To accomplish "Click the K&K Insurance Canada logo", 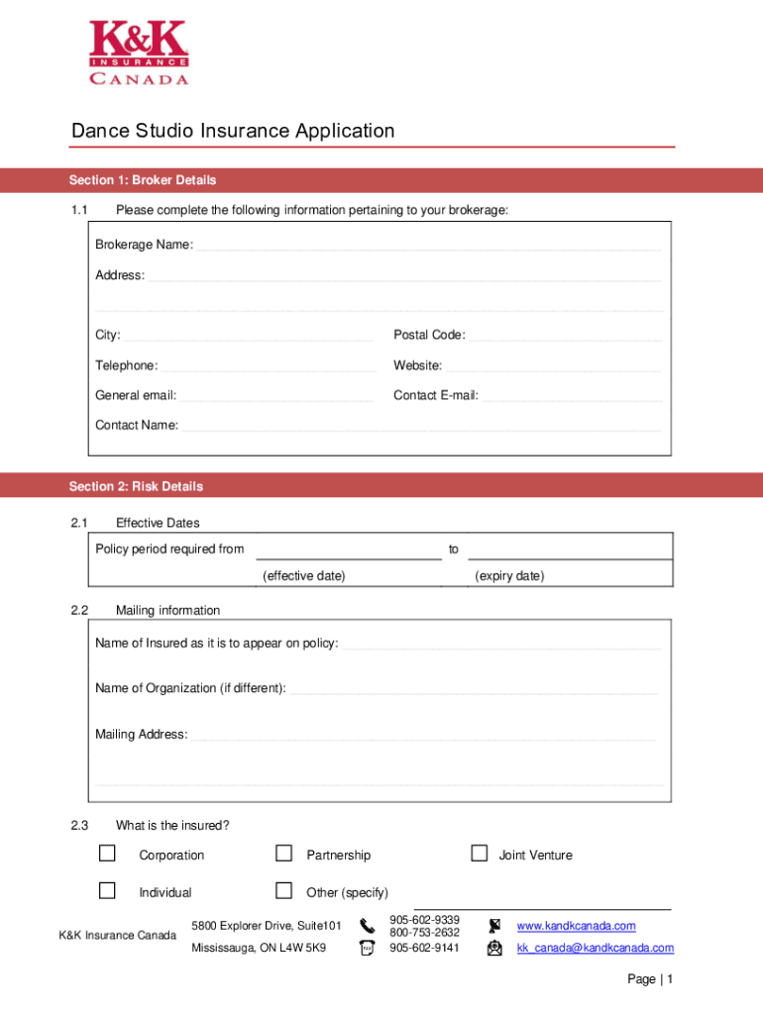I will click(139, 53).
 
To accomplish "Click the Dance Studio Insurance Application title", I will click(233, 131).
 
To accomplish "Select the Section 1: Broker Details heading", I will click(143, 180).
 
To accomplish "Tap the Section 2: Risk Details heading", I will click(136, 486).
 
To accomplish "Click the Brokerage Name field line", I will click(428, 248).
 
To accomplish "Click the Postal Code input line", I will click(565, 338).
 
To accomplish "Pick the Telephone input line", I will click(269, 368).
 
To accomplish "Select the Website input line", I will click(553, 368).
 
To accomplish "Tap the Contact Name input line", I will click(421, 428).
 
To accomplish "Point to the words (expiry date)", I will click(509, 576).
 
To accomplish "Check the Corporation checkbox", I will click(107, 854).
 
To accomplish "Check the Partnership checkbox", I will click(284, 854).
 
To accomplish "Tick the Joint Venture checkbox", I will click(480, 854).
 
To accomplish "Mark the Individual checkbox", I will click(107, 890).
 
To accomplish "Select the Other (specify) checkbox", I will click(284, 890).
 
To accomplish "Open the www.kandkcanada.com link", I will click(576, 926).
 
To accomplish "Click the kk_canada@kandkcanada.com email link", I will click(595, 948).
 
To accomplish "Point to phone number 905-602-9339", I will click(424, 920).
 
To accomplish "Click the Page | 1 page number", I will click(650, 979).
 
